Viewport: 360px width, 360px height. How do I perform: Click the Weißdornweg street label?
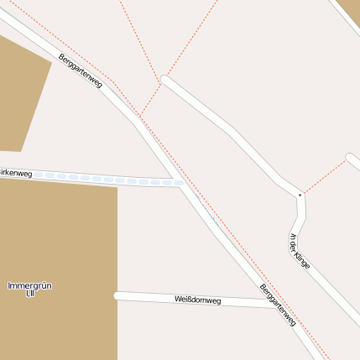coord(197,300)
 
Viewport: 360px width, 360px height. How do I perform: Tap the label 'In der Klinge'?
coord(300,251)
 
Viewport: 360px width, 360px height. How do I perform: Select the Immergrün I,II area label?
coord(29,290)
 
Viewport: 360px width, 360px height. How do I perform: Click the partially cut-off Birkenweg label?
coord(16,173)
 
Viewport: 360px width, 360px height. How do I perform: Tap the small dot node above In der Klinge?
coord(300,195)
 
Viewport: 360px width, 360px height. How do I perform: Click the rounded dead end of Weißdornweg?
coord(117,295)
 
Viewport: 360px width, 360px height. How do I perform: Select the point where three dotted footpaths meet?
coord(159,82)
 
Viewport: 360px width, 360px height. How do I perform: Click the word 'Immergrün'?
coord(29,286)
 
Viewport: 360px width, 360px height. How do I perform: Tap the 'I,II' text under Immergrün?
coord(29,295)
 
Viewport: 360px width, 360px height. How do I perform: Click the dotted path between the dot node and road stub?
coord(323,176)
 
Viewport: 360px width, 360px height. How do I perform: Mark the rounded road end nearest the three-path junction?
coord(165,81)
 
